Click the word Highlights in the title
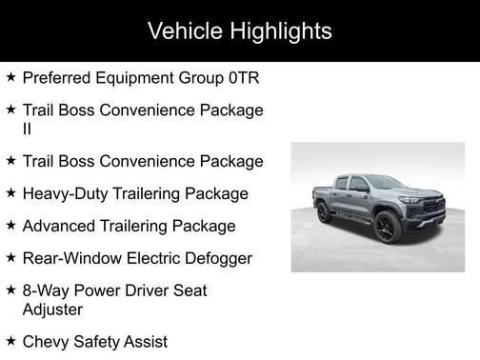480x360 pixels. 281,30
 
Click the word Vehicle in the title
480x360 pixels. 187,30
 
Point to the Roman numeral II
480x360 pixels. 28,129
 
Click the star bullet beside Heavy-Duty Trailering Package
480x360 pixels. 10,193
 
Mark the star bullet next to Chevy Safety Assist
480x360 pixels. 10,341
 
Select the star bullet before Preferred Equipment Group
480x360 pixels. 10,77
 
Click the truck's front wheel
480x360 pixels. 386,228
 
